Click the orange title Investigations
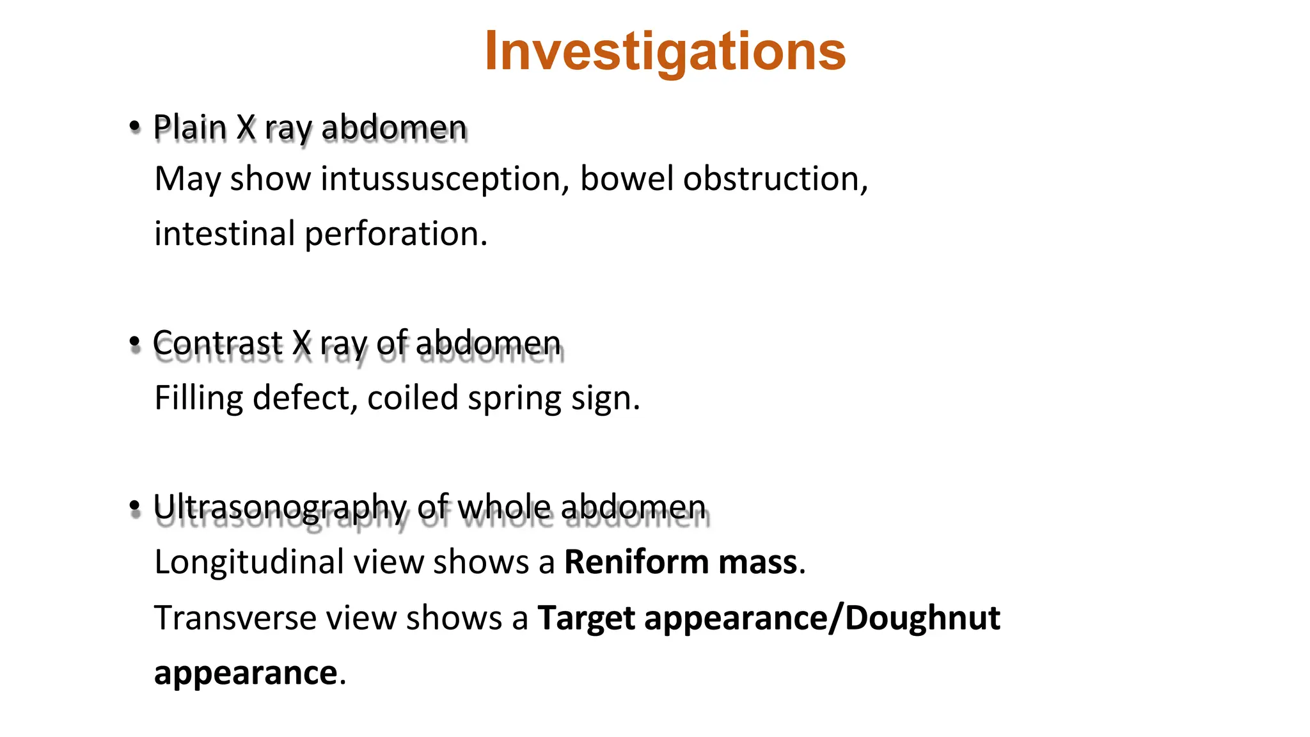click(665, 51)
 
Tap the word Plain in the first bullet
click(190, 127)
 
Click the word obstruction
click(775, 178)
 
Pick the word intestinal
click(224, 234)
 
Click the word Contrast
click(217, 344)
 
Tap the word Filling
click(198, 398)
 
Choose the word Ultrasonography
click(280, 508)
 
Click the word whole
click(504, 507)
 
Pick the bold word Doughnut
click(922, 619)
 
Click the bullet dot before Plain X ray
click(134, 126)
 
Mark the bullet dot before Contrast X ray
click(134, 343)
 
